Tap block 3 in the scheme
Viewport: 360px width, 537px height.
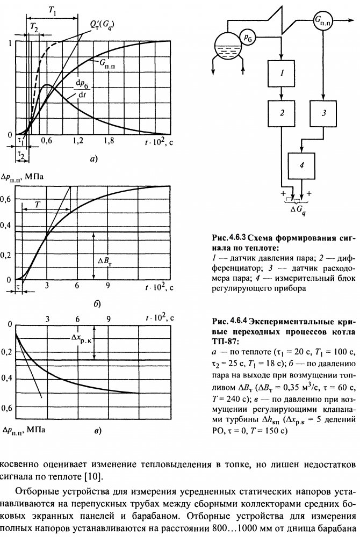click(323, 114)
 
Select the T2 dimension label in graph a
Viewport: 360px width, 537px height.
click(33, 26)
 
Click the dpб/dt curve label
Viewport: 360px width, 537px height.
click(82, 88)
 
